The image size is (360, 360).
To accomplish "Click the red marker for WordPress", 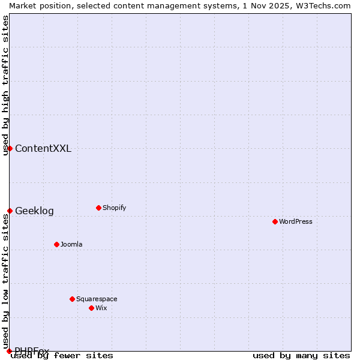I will pos(275,221).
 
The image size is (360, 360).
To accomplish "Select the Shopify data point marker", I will pos(98,208).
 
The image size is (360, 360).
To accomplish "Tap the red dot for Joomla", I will pos(56,244).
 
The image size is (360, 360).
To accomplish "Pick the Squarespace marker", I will pos(72,299).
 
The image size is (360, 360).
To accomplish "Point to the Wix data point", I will pos(91,308).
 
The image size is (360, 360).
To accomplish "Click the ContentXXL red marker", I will pos(10,148).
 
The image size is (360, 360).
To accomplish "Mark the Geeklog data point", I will pos(10,211).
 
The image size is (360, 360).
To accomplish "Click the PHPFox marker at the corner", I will pos(9,351).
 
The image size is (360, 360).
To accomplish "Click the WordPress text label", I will pos(296,221).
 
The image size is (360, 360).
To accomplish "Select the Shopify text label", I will pos(114,208).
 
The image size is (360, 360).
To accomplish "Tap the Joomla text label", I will pos(71,244).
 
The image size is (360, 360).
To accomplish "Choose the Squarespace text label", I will pos(97,299).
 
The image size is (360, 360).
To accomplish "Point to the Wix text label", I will pos(101,308).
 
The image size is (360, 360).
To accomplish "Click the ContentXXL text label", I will pos(43,149).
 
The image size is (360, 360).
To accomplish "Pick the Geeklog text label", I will pos(34,211).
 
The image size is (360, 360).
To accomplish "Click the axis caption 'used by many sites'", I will pos(301,356).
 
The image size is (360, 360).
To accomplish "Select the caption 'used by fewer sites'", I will pos(62,356).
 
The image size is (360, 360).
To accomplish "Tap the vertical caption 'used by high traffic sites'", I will pos(5,85).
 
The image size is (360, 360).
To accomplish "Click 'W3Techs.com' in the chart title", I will pos(326,5).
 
